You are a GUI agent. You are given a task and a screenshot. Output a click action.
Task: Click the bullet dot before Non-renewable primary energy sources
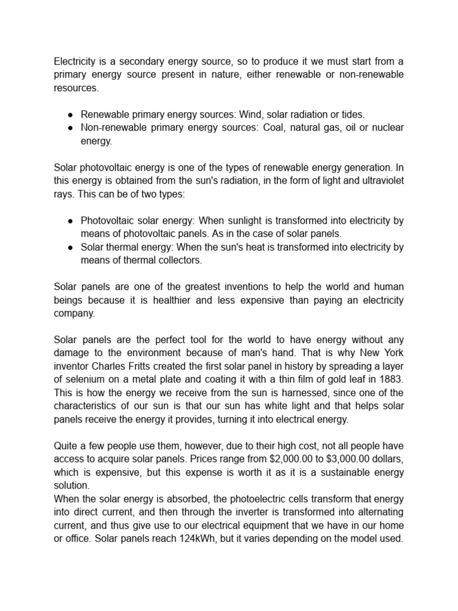[x=70, y=128]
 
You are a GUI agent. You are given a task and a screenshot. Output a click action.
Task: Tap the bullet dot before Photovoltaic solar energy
[x=70, y=220]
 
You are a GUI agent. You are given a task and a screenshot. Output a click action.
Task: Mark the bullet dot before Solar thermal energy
[x=70, y=246]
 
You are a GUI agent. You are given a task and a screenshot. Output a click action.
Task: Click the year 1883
[x=391, y=378]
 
